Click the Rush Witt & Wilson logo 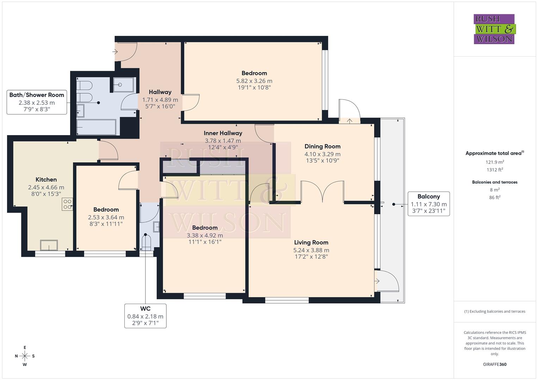[494, 29]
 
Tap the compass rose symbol [25, 356]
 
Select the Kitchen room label [46, 179]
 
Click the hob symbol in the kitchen [67, 204]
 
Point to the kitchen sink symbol [49, 245]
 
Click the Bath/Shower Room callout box [37, 102]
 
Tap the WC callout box [145, 316]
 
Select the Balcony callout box [428, 204]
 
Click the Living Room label [311, 242]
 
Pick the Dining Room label [322, 146]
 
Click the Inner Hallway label [223, 133]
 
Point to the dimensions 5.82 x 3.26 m [254, 81]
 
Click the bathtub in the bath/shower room [96, 127]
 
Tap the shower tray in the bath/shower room [123, 85]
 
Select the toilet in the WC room [146, 242]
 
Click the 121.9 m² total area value [495, 162]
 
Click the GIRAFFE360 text [495, 364]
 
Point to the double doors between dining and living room [322, 192]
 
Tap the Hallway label [160, 92]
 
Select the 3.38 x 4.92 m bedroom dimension [205, 235]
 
